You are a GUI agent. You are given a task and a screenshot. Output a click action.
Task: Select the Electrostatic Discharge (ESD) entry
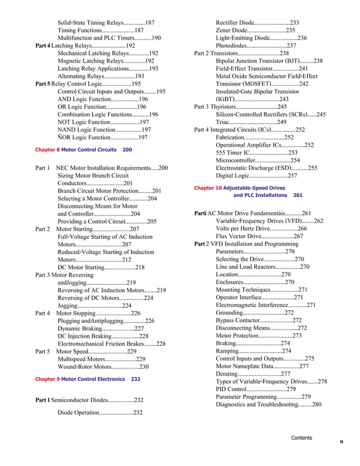(266, 168)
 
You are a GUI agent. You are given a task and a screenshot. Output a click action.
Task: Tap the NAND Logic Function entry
(104, 129)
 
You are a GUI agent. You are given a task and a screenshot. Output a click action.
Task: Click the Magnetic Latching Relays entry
(106, 61)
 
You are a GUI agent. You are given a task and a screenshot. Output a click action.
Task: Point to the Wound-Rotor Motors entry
(103, 367)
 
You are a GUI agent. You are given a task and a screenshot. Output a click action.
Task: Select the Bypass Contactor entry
(258, 320)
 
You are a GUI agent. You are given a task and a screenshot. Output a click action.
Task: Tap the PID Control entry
(256, 389)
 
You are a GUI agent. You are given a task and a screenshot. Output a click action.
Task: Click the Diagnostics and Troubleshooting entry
(269, 405)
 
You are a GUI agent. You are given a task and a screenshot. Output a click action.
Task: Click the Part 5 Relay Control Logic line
(88, 83)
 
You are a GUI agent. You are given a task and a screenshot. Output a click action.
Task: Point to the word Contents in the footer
(301, 438)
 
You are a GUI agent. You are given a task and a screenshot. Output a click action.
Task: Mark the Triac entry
(251, 122)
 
